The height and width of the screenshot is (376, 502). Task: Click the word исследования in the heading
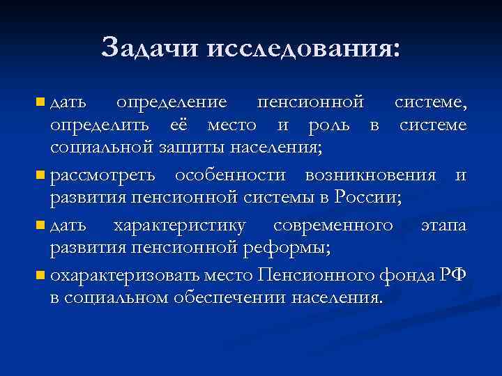point(294,47)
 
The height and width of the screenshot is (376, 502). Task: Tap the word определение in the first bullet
point(172,102)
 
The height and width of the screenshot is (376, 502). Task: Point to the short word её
point(181,125)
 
